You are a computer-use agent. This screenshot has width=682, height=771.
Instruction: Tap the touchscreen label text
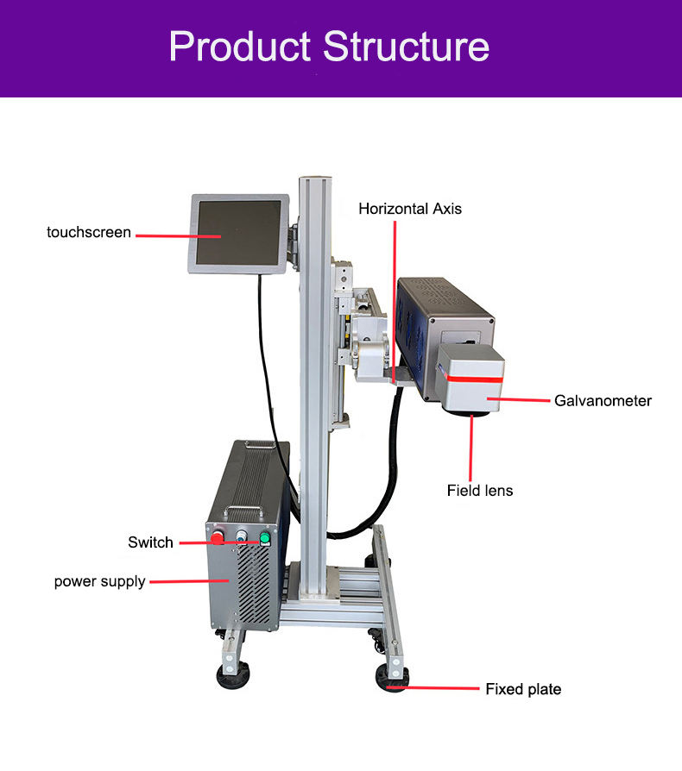point(89,232)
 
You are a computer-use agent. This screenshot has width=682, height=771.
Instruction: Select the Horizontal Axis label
point(410,209)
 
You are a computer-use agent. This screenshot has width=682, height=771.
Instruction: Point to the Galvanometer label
point(603,400)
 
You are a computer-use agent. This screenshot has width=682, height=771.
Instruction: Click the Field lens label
point(479,491)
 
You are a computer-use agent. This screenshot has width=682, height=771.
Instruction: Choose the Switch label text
point(150,542)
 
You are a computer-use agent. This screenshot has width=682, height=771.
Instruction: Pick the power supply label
point(99,581)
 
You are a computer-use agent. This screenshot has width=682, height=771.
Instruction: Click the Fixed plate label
point(522,689)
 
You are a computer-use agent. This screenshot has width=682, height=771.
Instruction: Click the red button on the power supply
point(217,539)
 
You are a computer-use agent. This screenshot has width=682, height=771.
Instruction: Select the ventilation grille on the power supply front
point(251,586)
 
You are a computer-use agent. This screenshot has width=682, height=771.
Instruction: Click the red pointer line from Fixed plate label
point(445,688)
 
